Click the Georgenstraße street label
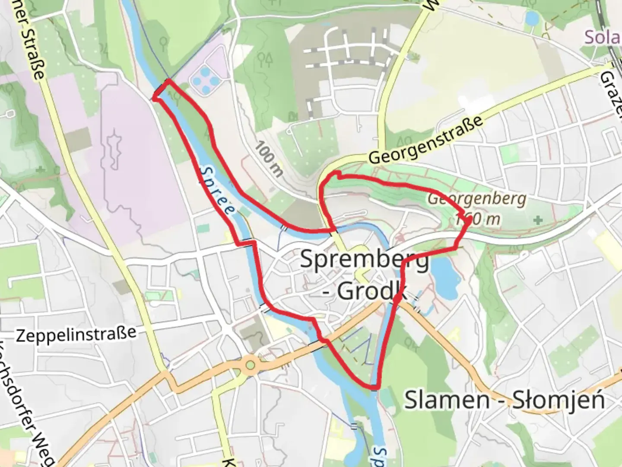[425, 139]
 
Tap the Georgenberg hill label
[477, 199]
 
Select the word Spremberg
[364, 260]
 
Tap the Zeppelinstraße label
[76, 334]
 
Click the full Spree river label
[217, 190]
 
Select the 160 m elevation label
[478, 219]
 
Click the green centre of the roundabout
[250, 365]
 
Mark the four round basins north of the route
[205, 80]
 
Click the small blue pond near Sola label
[532, 18]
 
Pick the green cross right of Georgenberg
[538, 220]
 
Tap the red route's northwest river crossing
[160, 90]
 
